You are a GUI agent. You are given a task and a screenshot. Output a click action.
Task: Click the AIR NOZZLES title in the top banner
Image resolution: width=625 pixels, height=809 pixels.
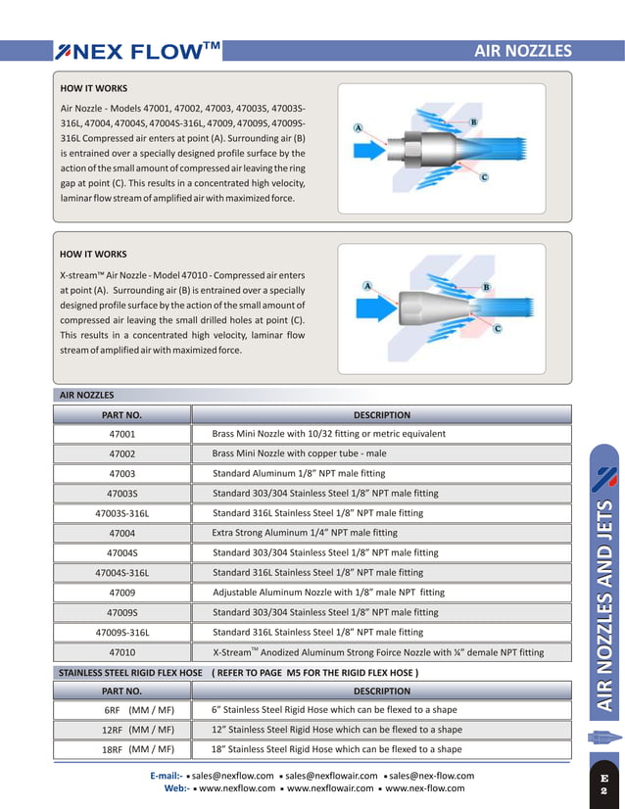point(522,51)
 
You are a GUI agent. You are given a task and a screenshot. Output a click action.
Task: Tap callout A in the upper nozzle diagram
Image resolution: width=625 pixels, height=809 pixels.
point(359,128)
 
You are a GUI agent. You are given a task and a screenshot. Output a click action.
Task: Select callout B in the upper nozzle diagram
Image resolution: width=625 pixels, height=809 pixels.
point(473,121)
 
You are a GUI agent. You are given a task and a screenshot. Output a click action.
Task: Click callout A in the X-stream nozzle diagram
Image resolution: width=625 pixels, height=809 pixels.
point(366,286)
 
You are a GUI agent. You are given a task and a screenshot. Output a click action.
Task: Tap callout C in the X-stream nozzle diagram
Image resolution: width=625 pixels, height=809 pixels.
point(497,328)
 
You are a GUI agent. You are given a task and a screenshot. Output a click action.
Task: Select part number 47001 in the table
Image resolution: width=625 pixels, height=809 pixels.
point(121,433)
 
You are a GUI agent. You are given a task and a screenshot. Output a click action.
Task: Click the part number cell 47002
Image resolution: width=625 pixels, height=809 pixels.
point(121,453)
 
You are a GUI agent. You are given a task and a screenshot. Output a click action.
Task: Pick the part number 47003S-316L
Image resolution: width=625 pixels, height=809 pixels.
point(121,513)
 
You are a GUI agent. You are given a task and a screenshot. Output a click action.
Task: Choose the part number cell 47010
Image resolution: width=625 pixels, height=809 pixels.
point(121,651)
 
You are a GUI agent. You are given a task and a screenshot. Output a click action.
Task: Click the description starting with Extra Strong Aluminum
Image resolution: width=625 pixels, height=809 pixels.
point(305,533)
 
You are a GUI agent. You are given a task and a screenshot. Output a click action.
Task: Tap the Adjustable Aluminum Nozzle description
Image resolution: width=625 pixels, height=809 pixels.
point(328,593)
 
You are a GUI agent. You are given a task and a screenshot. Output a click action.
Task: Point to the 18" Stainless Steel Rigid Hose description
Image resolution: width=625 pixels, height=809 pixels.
point(337,749)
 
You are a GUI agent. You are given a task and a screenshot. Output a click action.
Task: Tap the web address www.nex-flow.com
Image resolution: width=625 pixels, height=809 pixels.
point(425,788)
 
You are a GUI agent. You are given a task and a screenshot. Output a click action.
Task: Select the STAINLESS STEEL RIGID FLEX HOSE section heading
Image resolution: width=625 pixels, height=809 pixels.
point(130,673)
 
